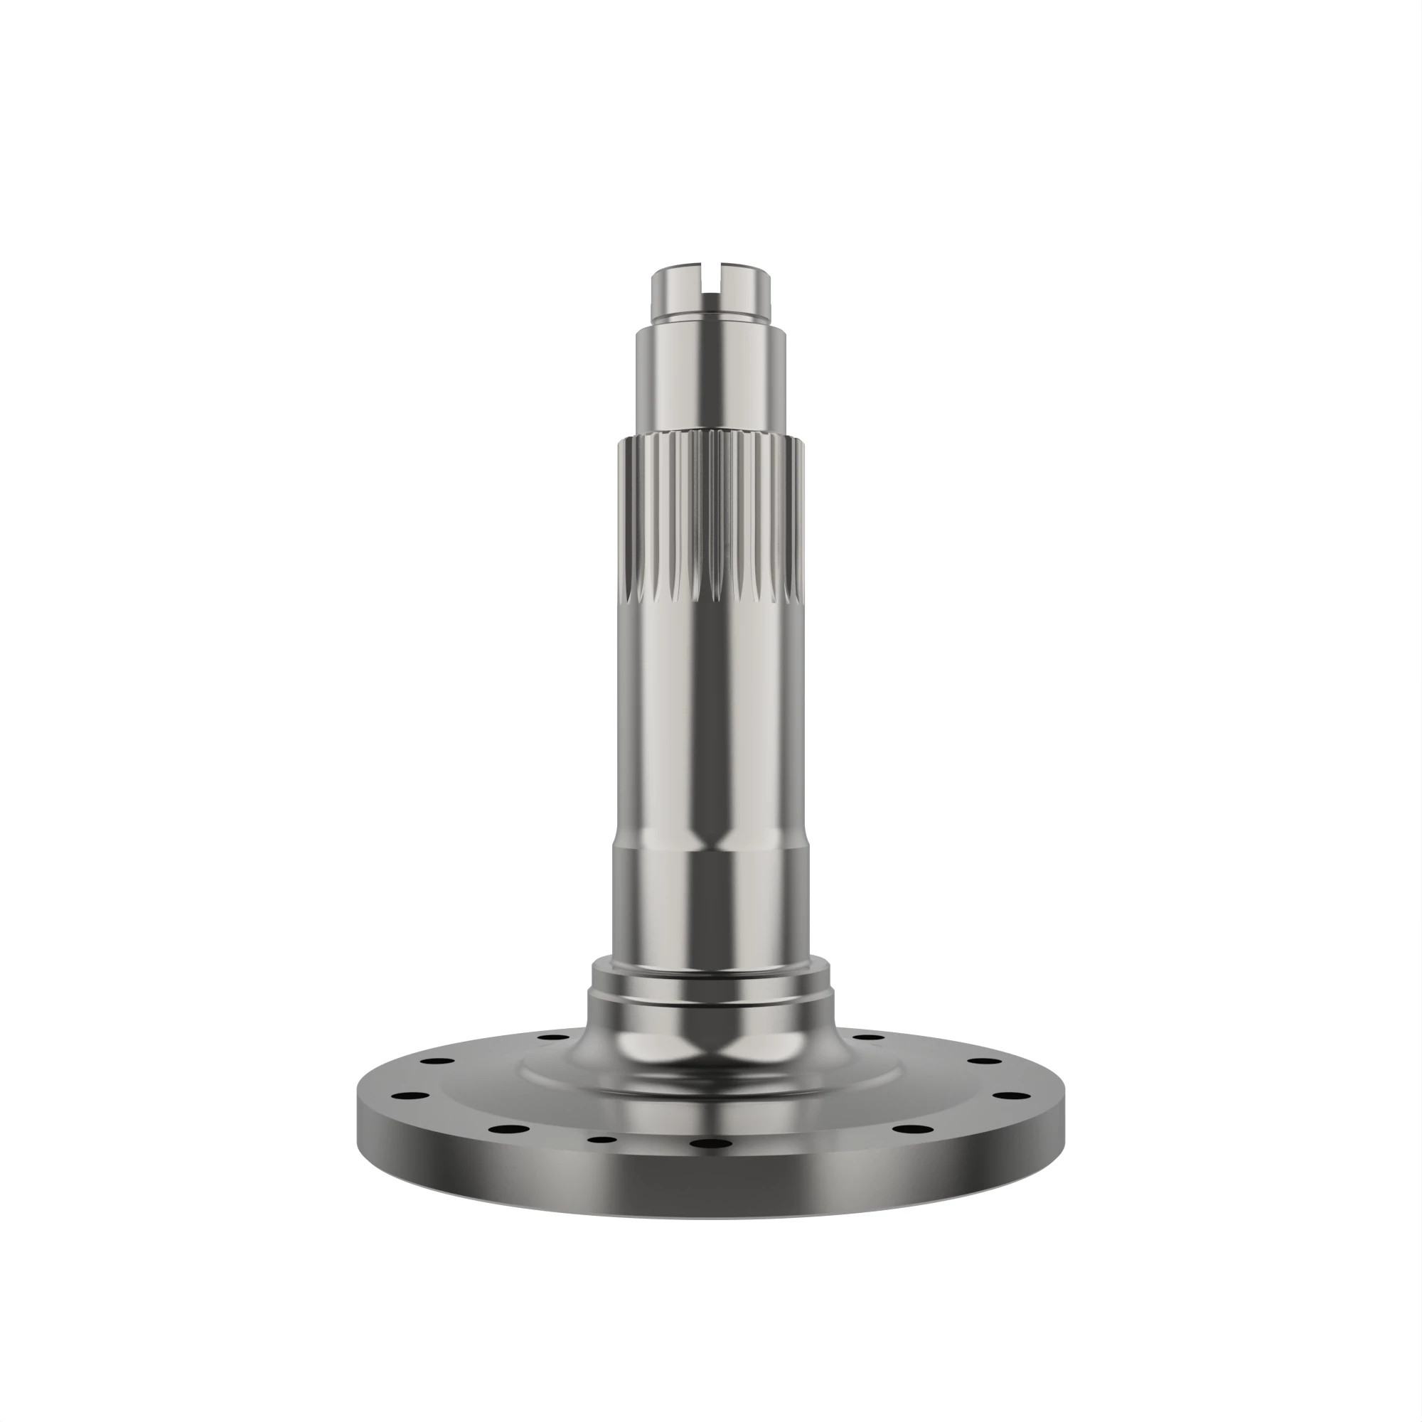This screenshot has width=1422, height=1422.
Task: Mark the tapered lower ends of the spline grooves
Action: click(x=711, y=589)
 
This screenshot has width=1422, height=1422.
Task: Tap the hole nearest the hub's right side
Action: click(x=870, y=1037)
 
